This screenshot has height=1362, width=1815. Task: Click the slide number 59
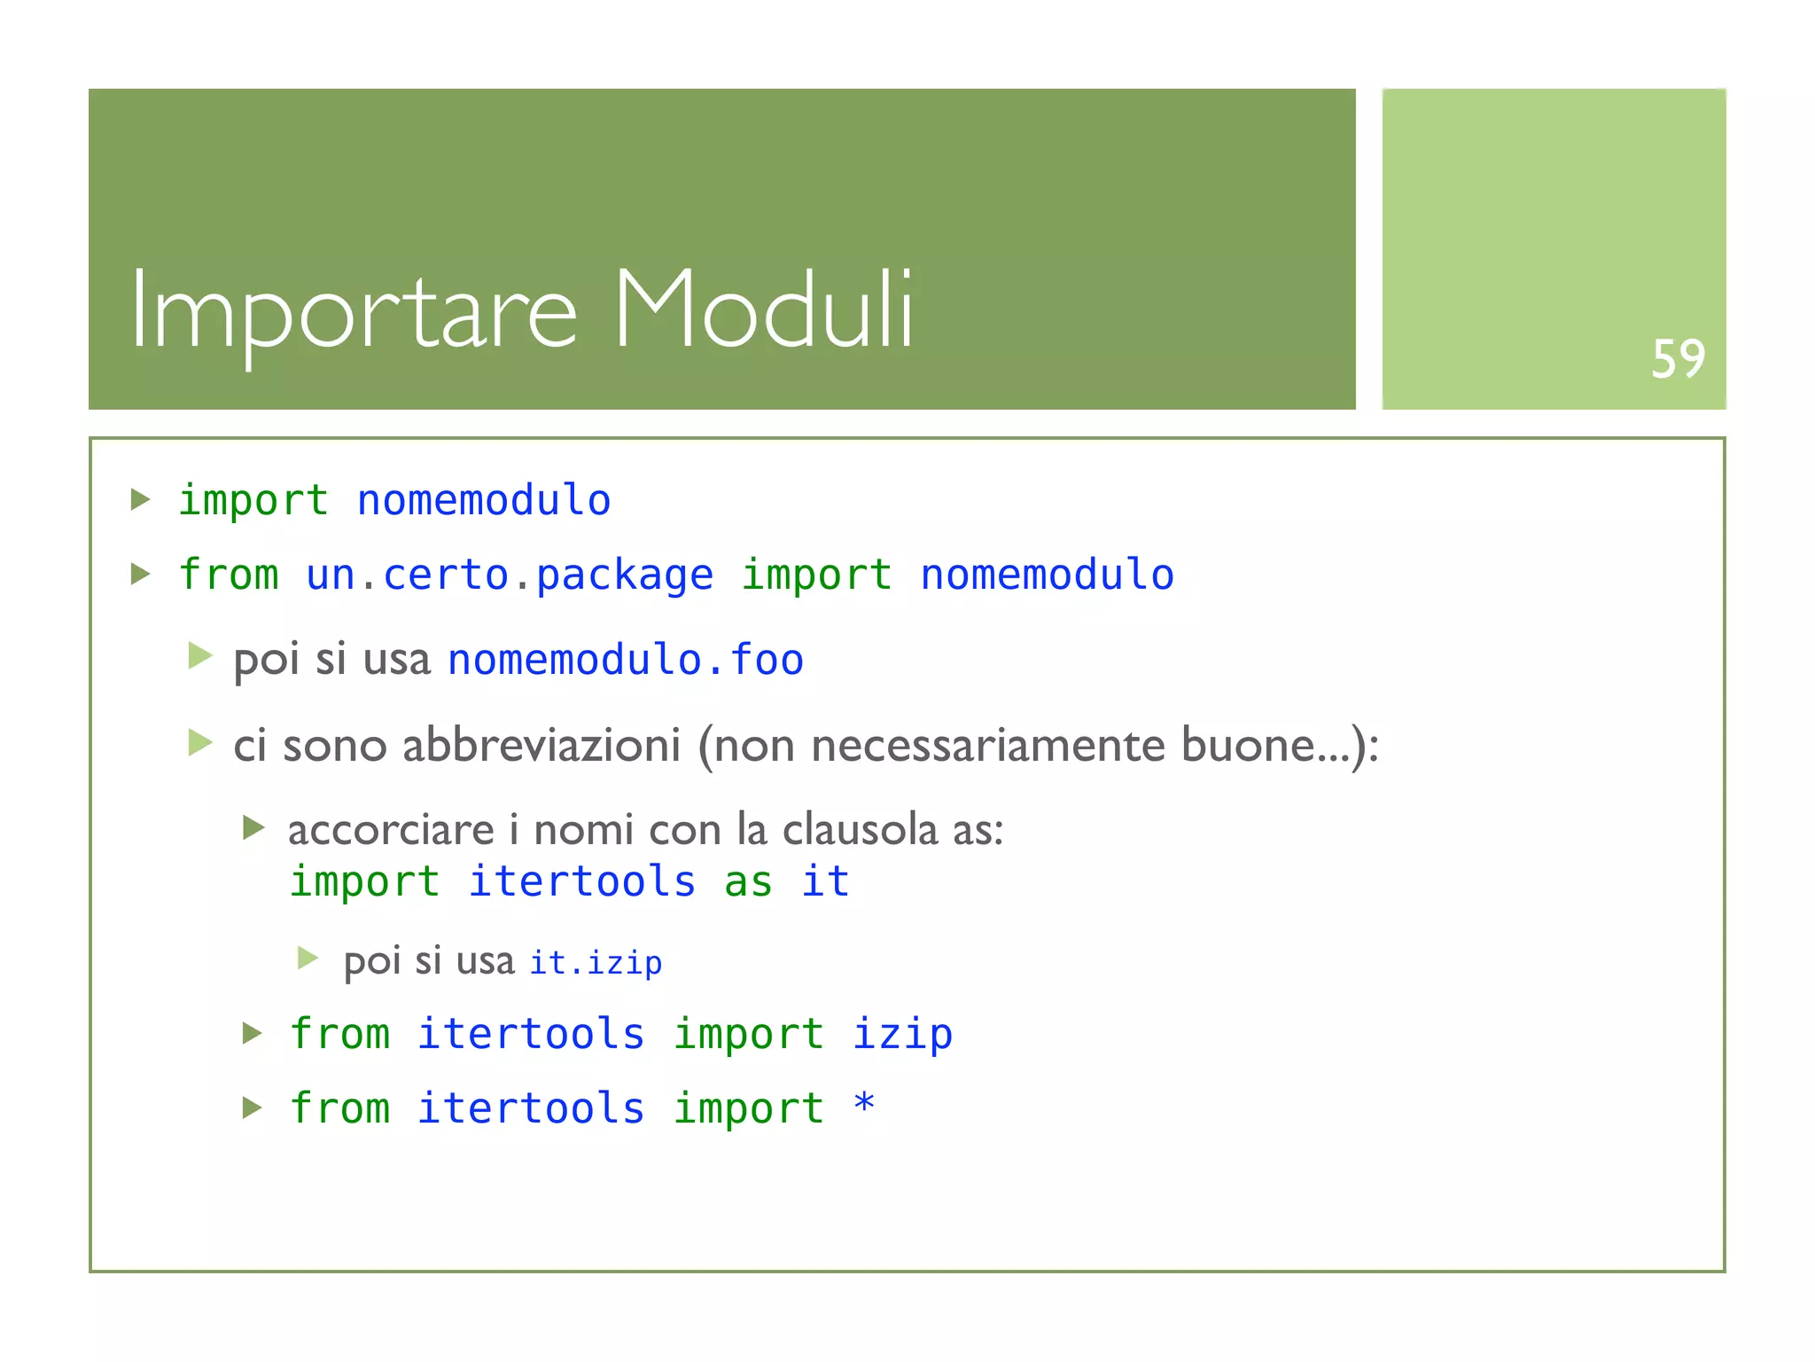tap(1678, 359)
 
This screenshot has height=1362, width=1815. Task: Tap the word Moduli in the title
tap(763, 310)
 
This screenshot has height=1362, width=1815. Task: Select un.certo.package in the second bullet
tap(510, 575)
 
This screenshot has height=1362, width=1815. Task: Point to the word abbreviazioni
tap(541, 745)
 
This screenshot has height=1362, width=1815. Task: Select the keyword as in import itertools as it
tap(748, 881)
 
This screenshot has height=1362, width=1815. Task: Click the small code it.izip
tap(596, 962)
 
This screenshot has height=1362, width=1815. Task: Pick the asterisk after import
tap(864, 1105)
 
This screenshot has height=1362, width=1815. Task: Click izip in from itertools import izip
tap(902, 1034)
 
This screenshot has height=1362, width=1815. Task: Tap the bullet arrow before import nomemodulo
tap(140, 499)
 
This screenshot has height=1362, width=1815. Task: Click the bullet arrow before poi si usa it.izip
tap(308, 958)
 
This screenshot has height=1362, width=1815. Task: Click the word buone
tap(1246, 745)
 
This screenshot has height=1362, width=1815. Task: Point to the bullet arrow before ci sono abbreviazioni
tap(200, 742)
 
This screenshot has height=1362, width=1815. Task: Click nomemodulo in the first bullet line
tap(483, 500)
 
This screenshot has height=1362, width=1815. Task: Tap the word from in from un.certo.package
tap(229, 575)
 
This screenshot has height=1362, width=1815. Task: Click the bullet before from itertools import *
tap(253, 1108)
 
